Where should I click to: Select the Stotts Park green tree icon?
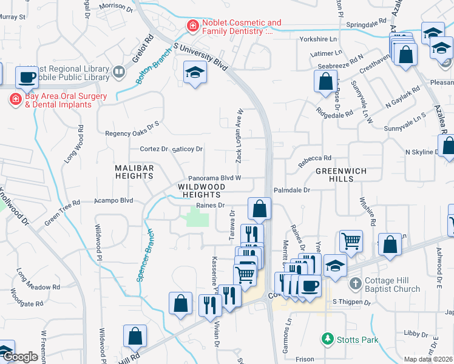[328, 337]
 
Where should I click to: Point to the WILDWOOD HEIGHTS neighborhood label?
[198, 190]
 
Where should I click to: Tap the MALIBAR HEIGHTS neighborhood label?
[134, 172]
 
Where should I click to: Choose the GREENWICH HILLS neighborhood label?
[341, 175]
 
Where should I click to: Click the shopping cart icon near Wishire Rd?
[351, 241]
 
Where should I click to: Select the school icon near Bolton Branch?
[195, 73]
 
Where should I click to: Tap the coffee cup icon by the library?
[27, 76]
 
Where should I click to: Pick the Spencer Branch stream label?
[146, 255]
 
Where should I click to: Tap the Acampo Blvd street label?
[113, 200]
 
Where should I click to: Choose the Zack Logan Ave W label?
[240, 136]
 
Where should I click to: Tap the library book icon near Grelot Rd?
[118, 72]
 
